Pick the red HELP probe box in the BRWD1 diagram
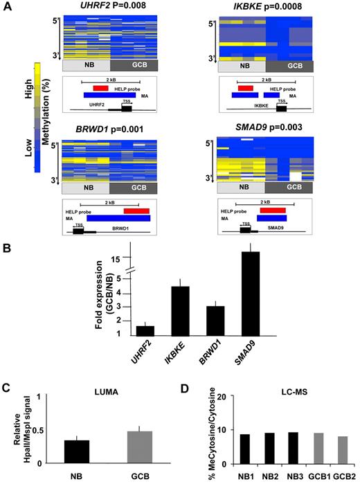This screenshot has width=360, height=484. click(132, 210)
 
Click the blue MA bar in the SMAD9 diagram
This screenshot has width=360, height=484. click(264, 218)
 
